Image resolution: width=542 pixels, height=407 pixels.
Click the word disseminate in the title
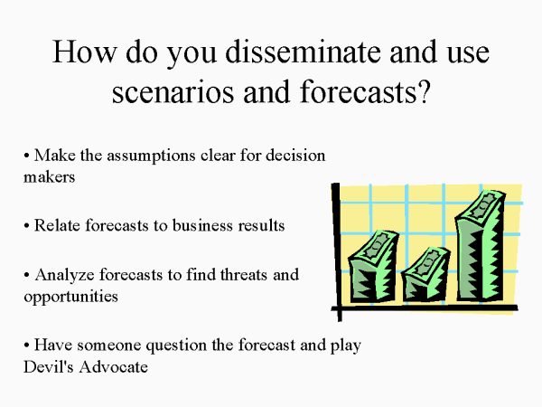point(304,52)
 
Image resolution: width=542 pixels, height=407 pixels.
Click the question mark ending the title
point(424,91)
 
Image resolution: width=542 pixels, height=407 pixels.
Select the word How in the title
point(85,52)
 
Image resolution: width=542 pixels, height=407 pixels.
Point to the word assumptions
point(151,156)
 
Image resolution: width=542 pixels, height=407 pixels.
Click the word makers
point(49,177)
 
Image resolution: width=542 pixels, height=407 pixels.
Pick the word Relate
point(58,225)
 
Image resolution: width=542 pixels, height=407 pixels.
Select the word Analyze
point(64,276)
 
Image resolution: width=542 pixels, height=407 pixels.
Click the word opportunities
point(70,297)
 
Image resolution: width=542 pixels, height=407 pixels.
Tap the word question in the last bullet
point(176,345)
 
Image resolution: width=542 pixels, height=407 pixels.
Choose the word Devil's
point(49,366)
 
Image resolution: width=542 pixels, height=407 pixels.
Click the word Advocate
point(114,366)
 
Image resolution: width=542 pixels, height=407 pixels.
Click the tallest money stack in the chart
point(481,245)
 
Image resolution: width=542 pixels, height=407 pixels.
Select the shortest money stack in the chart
point(425,273)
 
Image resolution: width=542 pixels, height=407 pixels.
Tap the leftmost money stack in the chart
point(373,266)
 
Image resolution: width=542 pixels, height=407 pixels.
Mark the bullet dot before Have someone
point(26,345)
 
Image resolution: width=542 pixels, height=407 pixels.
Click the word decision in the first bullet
point(295,156)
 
